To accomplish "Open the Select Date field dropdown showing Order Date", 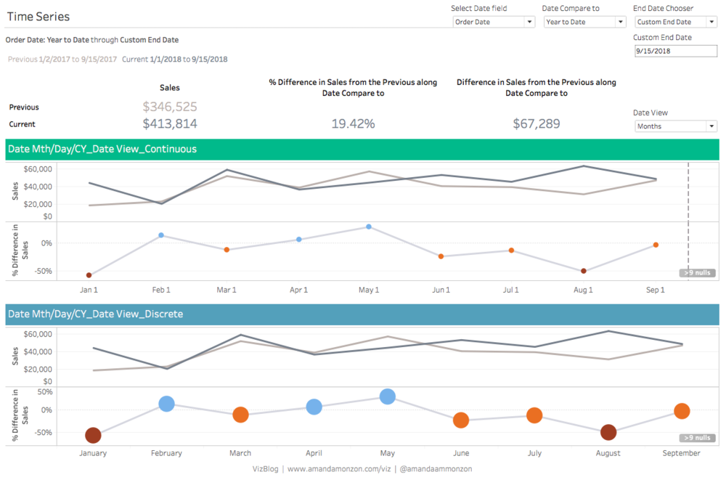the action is coord(494,22).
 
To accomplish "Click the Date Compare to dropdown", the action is coord(584,22).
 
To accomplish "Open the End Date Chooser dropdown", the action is coord(675,22).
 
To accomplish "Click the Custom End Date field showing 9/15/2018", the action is coord(675,51).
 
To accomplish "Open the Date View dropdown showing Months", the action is coord(675,126).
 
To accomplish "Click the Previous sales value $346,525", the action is coord(170,107).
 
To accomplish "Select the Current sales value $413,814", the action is coord(170,123).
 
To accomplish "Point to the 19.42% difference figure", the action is coord(353,123).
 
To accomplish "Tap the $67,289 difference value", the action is coord(537,123).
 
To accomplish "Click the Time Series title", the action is coord(38,17).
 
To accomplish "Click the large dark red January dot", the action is coord(93,435).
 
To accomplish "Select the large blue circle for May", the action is coord(388,396).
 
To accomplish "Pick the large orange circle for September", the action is coord(682,411).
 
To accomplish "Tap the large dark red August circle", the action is coord(608,432).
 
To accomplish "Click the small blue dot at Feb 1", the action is coord(161,235).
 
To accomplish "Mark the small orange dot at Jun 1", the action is coord(441,256).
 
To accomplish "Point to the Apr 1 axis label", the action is coord(298,290).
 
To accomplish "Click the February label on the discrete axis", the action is coord(166,453).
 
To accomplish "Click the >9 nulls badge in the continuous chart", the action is coord(697,273).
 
